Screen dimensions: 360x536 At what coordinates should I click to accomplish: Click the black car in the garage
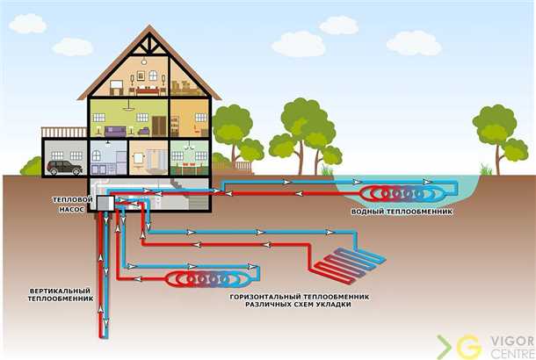[x=65, y=166]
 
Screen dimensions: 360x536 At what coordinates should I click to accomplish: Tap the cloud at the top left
[x=25, y=24]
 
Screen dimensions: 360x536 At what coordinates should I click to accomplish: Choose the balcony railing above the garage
[x=64, y=132]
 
